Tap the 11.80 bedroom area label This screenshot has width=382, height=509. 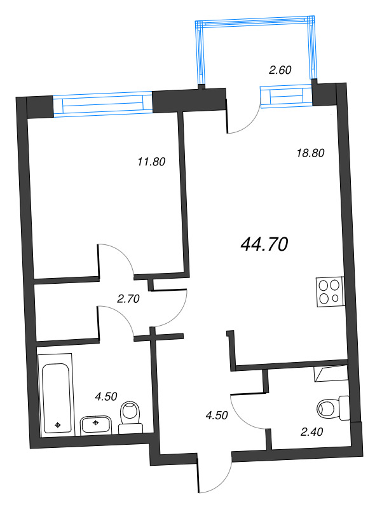151,162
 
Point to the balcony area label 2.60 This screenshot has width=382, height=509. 280,71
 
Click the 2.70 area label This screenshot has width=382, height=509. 128,298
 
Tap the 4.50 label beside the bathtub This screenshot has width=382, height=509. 106,396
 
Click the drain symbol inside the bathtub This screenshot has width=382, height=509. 58,424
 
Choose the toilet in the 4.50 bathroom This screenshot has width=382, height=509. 130,417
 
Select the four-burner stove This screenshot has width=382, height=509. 330,291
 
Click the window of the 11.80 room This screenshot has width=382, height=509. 103,104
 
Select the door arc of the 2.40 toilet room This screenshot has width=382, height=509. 247,410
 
